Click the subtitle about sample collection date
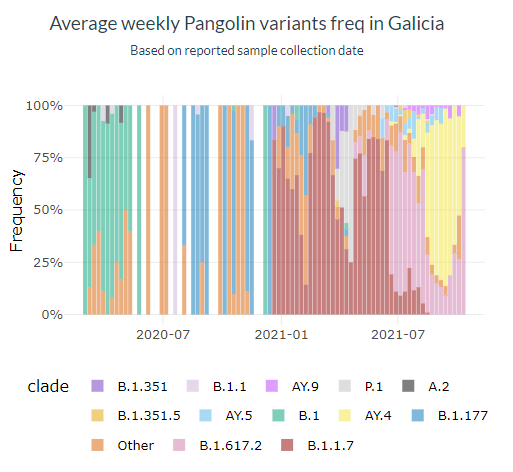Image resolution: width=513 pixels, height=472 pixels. [253, 49]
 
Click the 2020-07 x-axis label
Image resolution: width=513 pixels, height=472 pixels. [163, 334]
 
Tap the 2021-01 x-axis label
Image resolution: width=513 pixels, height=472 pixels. [281, 334]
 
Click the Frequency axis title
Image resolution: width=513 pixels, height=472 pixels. [17, 210]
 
